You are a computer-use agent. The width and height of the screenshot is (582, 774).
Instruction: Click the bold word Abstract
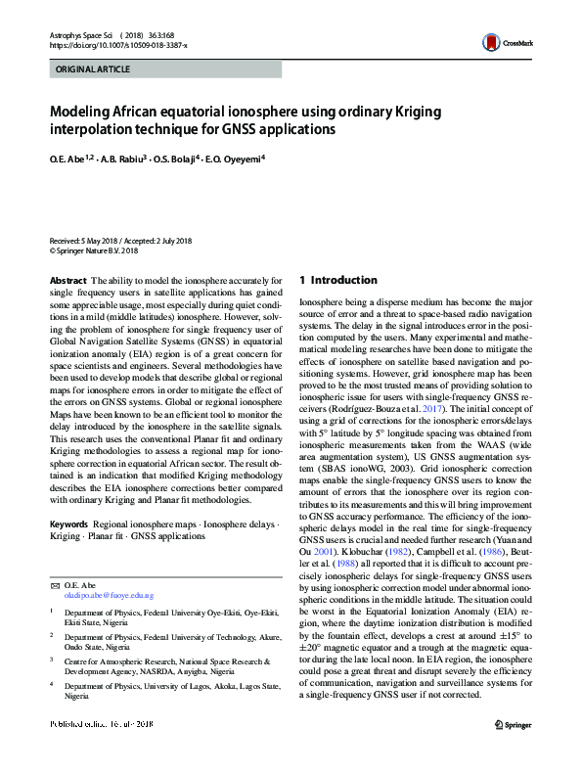point(67,280)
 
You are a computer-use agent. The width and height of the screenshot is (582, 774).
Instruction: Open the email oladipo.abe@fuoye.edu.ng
point(109,568)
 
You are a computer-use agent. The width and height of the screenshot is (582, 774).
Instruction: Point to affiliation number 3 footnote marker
point(53,632)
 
